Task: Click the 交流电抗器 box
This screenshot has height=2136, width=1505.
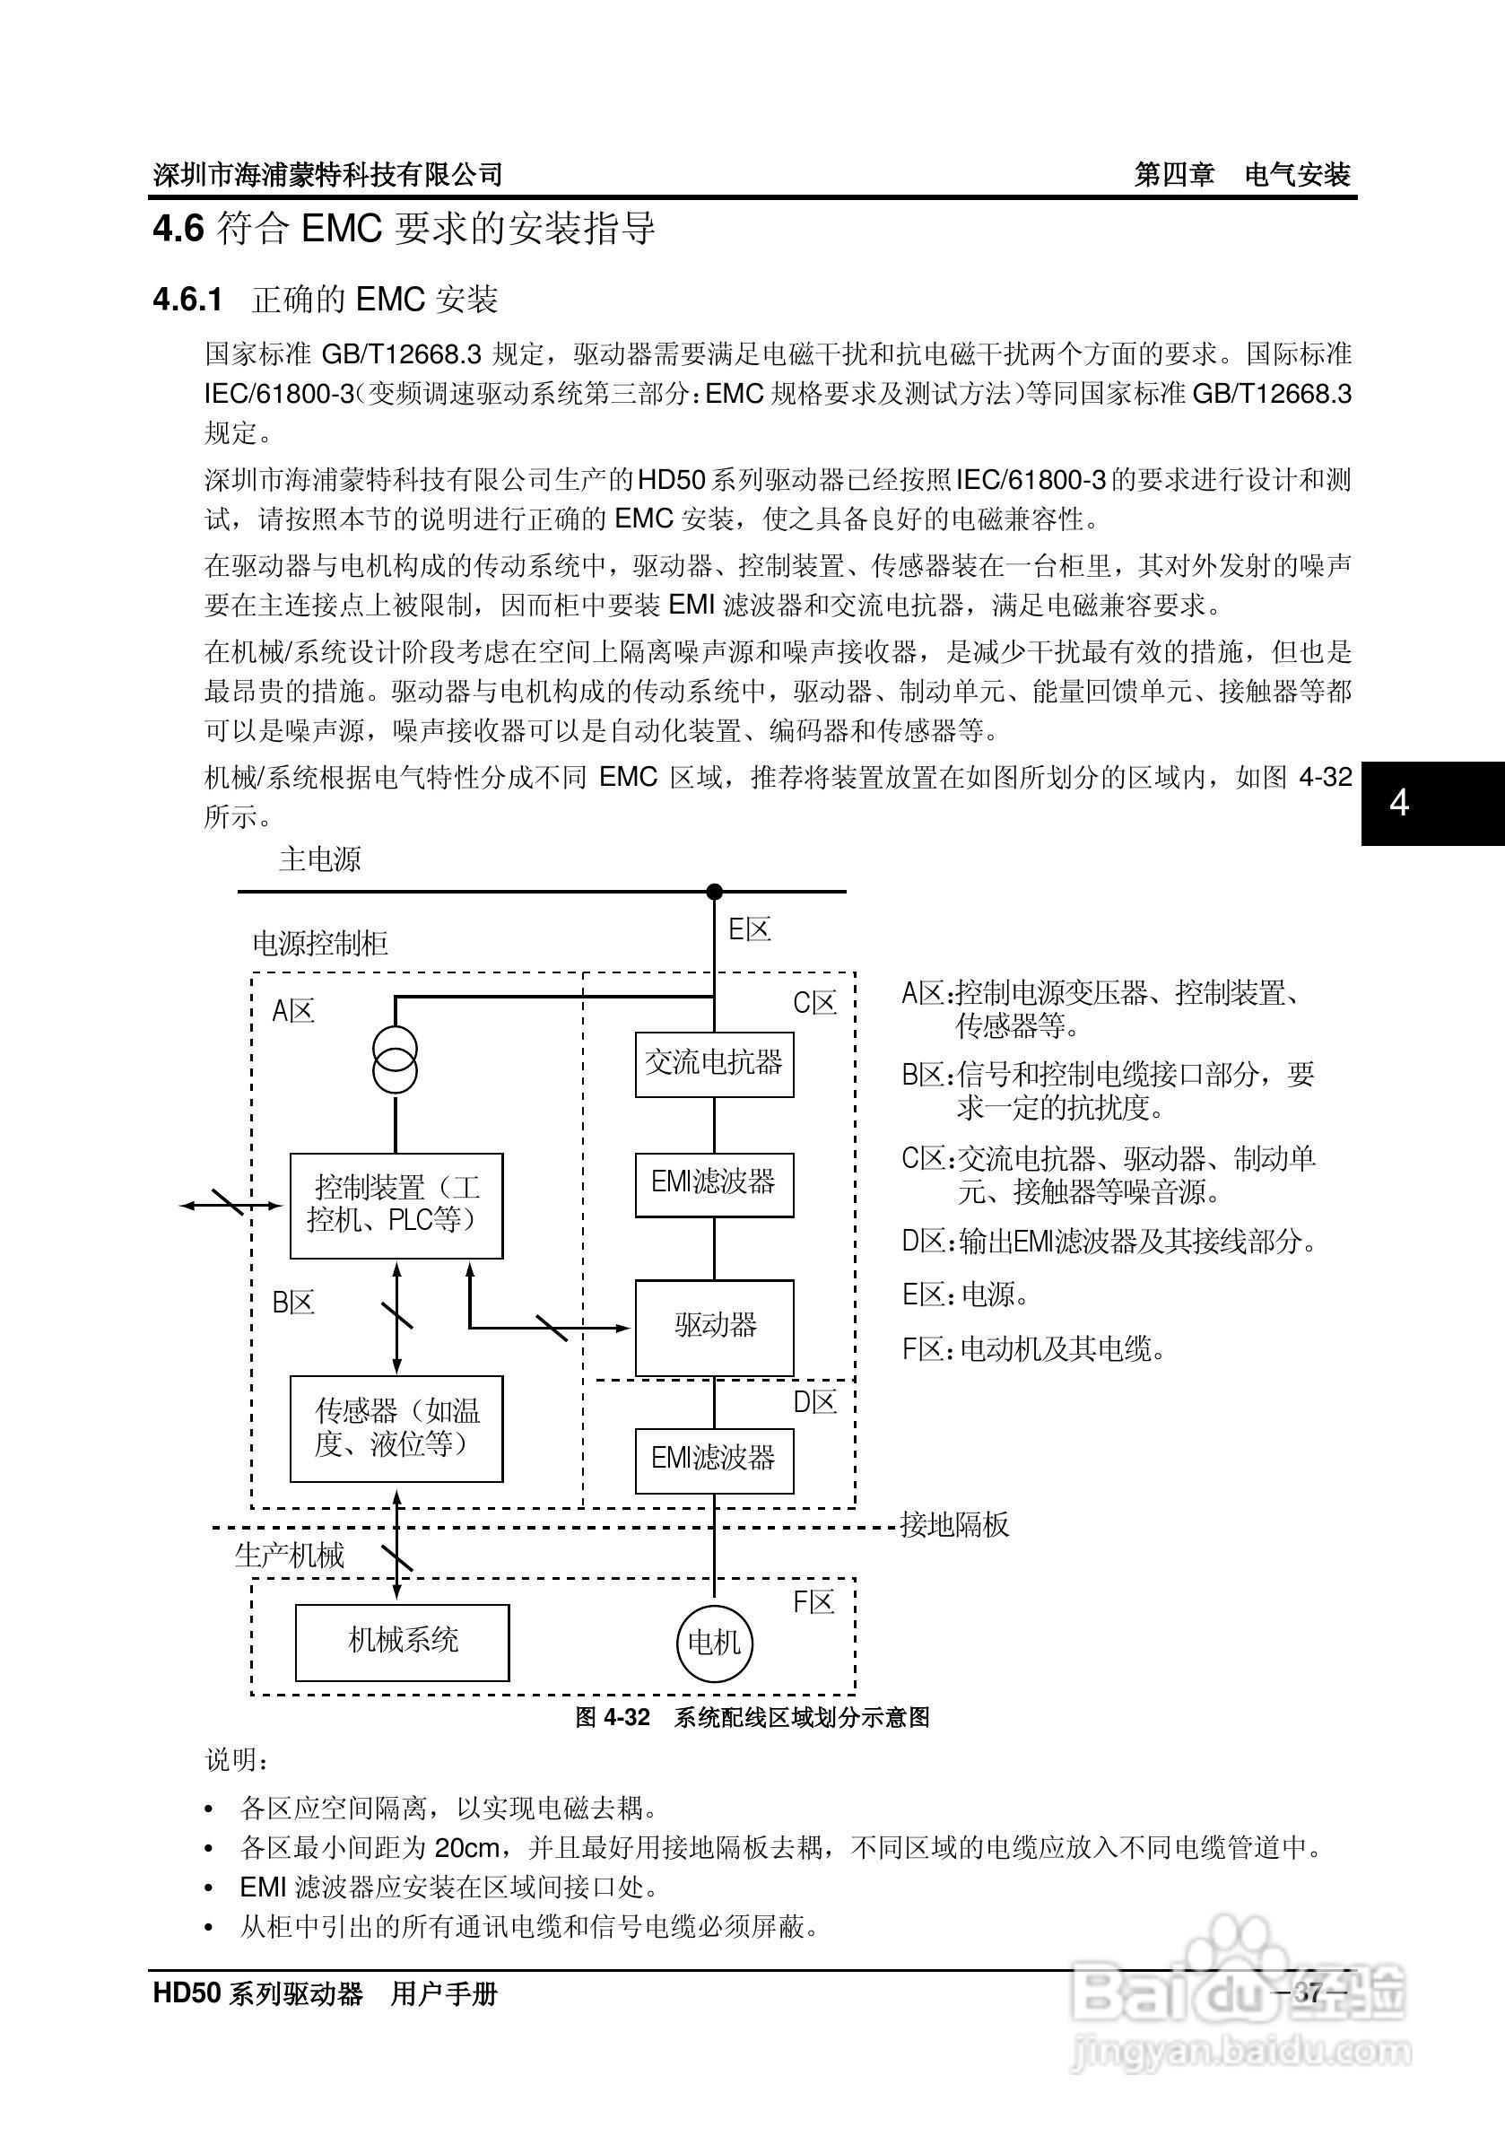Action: point(713,1063)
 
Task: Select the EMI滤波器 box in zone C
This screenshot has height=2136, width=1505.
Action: point(713,1184)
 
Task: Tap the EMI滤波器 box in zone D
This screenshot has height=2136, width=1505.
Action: point(713,1460)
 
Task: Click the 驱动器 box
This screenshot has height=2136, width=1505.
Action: point(713,1327)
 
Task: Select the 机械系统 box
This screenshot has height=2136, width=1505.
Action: point(402,1642)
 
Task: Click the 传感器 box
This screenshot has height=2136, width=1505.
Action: point(396,1428)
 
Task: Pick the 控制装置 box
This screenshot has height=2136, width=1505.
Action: point(396,1206)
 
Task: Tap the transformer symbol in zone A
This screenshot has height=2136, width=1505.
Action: point(396,1061)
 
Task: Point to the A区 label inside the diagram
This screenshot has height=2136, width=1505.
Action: point(293,1011)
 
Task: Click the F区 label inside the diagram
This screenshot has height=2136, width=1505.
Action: point(813,1602)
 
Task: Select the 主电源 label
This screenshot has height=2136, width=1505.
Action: point(319,859)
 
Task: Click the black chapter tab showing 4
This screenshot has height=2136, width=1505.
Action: point(1432,803)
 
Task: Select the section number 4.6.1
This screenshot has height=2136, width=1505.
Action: point(187,300)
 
